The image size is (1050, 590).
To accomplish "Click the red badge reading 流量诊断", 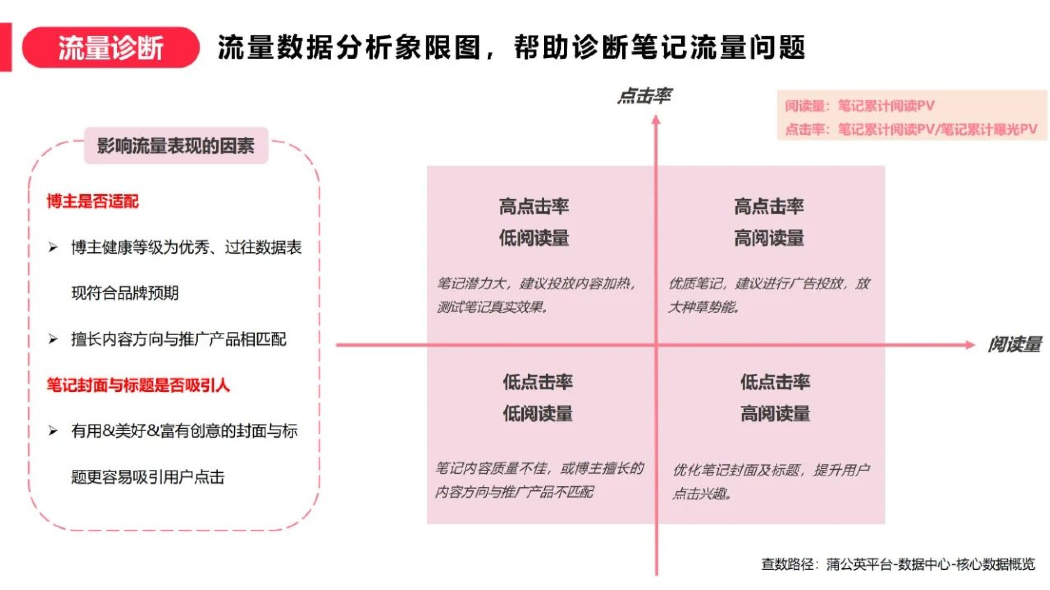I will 110,47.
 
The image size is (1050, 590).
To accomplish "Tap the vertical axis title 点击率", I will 645,96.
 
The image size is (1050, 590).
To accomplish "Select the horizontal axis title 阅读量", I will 1014,344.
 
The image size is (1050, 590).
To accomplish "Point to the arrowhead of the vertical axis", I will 656,120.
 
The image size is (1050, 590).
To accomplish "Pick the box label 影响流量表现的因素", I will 176,146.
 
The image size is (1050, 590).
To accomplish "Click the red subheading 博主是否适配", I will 93,201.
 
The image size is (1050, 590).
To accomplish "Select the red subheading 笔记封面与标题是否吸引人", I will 138,385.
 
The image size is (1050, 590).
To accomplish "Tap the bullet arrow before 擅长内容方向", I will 52,339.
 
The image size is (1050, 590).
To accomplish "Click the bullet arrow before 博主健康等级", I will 52,247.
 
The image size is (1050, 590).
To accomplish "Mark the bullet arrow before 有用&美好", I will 52,431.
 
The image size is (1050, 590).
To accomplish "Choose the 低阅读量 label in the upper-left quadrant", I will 534,238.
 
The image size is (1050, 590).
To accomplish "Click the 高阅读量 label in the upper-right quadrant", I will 769,238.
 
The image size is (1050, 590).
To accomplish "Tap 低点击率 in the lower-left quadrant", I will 538,382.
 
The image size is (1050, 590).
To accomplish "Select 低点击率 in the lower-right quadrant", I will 775,382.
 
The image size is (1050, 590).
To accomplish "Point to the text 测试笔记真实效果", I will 492,307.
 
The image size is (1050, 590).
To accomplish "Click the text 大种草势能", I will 704,307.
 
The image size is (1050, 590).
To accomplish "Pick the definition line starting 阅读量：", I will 860,106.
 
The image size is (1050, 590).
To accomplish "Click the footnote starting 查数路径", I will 898,564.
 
